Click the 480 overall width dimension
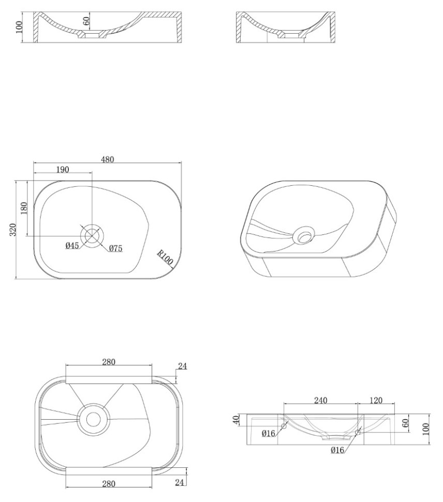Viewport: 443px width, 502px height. coord(108,159)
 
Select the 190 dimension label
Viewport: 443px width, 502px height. coord(63,169)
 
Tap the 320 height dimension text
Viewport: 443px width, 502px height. coord(12,230)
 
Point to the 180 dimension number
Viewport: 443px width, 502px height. coord(24,209)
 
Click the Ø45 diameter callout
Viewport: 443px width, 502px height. coord(72,245)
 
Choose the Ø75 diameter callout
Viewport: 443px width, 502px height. coord(115,248)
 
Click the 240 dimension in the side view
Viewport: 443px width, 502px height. coord(320,400)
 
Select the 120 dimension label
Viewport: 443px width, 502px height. coord(376,400)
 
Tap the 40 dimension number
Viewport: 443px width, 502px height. coord(236,420)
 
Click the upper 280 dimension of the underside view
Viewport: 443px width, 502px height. coord(109,362)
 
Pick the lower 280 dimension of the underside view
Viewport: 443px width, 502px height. coord(109,484)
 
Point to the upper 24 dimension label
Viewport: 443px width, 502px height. coord(183,366)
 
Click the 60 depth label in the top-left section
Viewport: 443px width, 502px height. coord(86,21)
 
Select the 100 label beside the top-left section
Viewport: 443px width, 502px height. coord(19,27)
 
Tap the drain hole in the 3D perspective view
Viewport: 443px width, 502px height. coord(304,236)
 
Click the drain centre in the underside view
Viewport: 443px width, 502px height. coord(94,419)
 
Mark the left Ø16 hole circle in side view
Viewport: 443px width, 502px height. coord(284,426)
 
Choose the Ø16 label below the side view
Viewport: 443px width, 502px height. coord(337,450)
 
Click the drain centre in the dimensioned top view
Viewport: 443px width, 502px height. coord(92,236)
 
